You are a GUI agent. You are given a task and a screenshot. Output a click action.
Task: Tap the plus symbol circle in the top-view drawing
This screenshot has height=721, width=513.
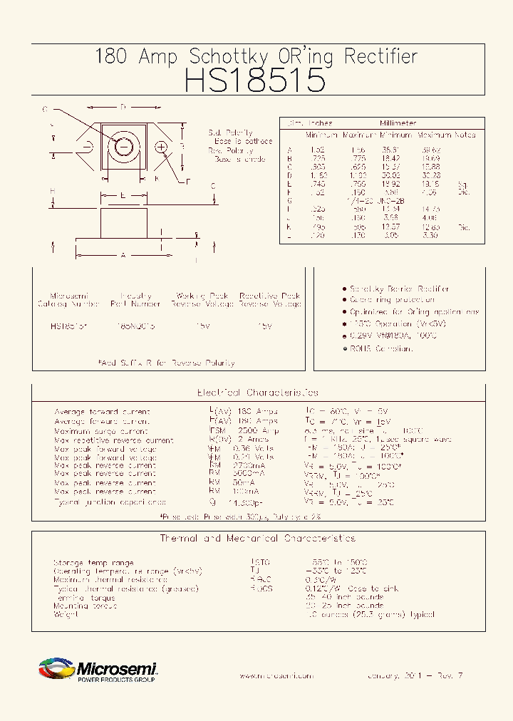point(162,147)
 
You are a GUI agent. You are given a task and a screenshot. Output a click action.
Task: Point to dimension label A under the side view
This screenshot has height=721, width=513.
point(124,254)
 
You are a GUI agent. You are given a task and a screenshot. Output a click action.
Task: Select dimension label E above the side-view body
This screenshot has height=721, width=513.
point(123,194)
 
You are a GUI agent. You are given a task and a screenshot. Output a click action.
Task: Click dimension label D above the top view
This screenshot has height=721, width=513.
point(123,108)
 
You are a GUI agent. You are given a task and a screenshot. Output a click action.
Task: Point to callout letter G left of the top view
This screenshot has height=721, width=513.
point(44,110)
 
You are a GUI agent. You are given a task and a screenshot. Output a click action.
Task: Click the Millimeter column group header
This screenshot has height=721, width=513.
point(398,123)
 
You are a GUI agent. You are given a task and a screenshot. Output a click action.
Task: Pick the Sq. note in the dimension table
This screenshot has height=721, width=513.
point(464,184)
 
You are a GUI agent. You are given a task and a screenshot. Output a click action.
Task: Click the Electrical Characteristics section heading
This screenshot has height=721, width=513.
point(257,393)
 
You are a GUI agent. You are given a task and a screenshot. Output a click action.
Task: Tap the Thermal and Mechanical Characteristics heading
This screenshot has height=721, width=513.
point(257,539)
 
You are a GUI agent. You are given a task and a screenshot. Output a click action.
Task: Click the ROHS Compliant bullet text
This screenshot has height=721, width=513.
point(381,348)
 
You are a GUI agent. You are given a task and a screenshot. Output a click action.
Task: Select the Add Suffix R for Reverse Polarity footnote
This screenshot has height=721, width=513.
point(167,363)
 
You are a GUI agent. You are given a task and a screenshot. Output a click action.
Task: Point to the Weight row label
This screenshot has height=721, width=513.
point(66,614)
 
